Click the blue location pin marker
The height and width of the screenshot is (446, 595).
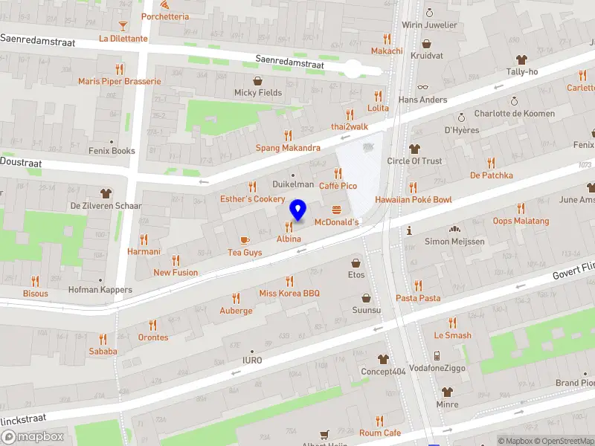(298, 210)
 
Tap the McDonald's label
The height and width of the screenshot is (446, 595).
(337, 222)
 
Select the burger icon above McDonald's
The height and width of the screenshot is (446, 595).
(337, 210)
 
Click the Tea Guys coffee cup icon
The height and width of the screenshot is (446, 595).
(245, 239)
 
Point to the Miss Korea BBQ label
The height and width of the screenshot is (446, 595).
(289, 293)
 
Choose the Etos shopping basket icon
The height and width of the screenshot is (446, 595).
(356, 262)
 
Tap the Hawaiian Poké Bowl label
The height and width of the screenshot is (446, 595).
(413, 199)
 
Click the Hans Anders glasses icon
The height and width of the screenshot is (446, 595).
(422, 87)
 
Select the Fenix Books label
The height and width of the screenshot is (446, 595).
(113, 151)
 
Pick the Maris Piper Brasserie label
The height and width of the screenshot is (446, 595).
(119, 81)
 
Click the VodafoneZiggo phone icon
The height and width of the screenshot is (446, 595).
(437, 355)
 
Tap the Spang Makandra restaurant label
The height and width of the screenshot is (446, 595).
(288, 148)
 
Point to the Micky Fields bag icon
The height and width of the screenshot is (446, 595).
(258, 80)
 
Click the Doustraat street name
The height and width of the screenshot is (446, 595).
(21, 162)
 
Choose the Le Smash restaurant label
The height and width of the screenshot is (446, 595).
(452, 335)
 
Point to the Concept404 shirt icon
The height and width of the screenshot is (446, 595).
(383, 359)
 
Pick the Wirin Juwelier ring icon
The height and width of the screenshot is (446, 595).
(428, 12)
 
